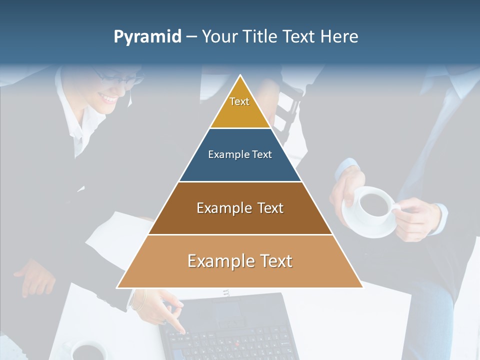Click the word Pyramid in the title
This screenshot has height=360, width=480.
[x=147, y=37]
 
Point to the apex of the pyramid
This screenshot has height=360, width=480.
[x=240, y=76]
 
